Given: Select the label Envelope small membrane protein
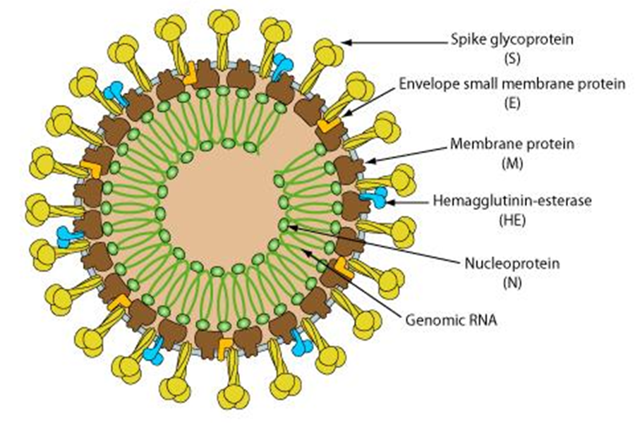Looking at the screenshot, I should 512,85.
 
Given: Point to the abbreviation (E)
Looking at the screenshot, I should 512,102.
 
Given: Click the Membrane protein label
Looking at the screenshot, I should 512,145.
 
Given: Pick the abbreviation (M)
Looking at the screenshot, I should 512,161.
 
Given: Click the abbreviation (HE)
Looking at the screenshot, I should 512,219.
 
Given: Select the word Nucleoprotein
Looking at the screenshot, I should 512,264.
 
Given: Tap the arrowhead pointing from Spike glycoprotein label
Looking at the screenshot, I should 345,42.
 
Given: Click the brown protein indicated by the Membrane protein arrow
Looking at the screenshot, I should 350,169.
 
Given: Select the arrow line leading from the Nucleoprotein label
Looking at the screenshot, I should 374,243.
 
